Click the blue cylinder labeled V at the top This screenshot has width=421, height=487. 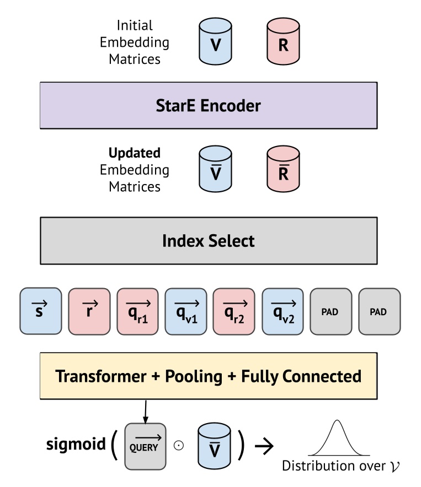pyautogui.click(x=216, y=42)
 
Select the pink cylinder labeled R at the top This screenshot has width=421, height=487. pyautogui.click(x=283, y=42)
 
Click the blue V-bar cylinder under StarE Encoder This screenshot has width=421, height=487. pyautogui.click(x=216, y=170)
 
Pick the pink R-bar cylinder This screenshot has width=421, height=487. pyautogui.click(x=283, y=170)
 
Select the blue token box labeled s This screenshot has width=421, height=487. pyautogui.click(x=40, y=311)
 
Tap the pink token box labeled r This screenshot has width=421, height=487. pyautogui.click(x=89, y=311)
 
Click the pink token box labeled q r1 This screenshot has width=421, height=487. pyautogui.click(x=137, y=311)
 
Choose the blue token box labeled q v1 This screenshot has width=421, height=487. pyautogui.click(x=186, y=311)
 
